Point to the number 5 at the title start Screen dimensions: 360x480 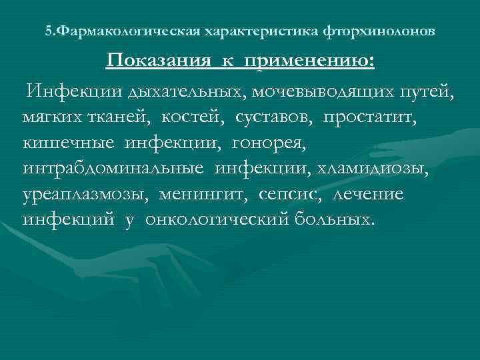point(47,31)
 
